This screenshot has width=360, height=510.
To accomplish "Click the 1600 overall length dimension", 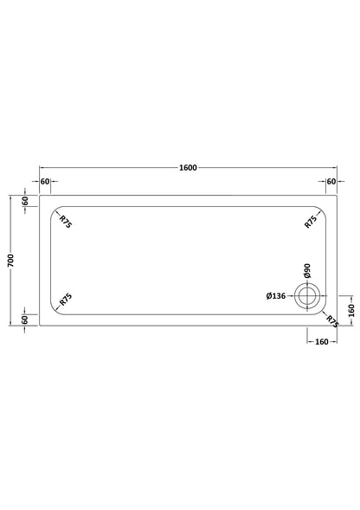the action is coord(188,167).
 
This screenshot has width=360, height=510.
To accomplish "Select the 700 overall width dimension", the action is coord(11,261).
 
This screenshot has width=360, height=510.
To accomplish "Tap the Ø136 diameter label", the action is coord(276,296).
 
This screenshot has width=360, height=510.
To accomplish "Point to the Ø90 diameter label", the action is coord(307,271).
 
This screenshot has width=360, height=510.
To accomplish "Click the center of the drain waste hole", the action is coord(307,296).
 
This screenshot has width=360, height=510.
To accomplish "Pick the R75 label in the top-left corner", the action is coord(66,222).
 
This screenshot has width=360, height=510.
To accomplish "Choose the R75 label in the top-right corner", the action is coord(311,222).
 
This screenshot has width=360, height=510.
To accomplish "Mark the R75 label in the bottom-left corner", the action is coord(66,300).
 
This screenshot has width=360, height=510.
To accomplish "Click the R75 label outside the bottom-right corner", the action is coord(332,321).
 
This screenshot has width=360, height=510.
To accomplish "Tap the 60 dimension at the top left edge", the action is coord(45,181).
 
